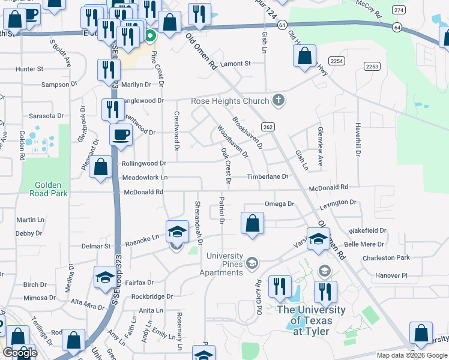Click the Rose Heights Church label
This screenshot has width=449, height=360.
point(230,101)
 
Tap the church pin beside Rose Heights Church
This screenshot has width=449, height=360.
point(278,100)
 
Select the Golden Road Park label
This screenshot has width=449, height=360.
point(51,190)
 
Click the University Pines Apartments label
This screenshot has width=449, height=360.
point(224,264)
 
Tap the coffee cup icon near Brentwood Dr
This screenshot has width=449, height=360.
point(121,134)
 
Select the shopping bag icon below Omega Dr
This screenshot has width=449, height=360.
point(253,224)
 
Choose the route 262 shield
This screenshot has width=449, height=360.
point(268,127)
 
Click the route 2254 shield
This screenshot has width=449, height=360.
point(337,61)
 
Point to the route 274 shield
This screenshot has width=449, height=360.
point(398,10)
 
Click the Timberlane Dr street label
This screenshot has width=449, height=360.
point(268,177)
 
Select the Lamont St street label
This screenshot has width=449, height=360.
point(235,64)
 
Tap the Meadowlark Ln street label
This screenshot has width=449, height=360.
point(145,178)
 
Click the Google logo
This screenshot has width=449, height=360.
point(19,353)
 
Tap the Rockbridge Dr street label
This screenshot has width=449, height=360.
point(152,296)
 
